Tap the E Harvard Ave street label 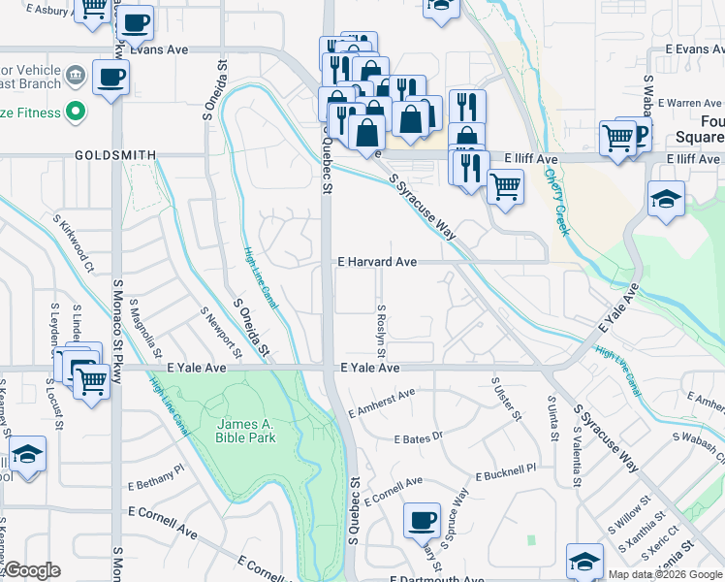click(377, 262)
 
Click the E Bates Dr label click(418, 438)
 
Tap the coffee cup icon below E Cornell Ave click(422, 520)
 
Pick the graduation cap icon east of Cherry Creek click(666, 199)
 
